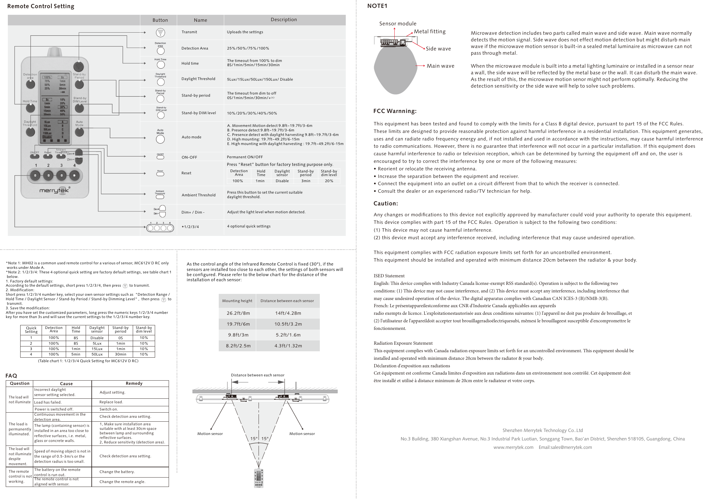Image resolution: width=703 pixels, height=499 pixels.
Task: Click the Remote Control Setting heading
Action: [x=40, y=6]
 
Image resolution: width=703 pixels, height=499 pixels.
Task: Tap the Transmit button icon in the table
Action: [x=160, y=32]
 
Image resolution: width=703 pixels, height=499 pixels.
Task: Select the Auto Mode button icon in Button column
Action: [x=160, y=139]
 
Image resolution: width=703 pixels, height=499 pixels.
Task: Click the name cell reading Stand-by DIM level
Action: [x=199, y=113]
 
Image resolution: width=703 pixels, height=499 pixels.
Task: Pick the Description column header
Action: [x=284, y=20]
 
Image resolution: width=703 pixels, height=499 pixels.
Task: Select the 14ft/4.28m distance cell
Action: [x=288, y=313]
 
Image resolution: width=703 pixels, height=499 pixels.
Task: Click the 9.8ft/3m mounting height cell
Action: [x=238, y=335]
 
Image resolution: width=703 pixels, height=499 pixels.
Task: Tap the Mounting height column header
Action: [x=237, y=301]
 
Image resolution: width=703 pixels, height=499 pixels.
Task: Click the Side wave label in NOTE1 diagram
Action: [x=438, y=49]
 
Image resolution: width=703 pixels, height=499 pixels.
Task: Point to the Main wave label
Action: [x=440, y=66]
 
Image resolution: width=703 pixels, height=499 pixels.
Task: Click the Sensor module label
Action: [x=398, y=24]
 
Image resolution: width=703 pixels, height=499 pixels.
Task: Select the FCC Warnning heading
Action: [x=395, y=111]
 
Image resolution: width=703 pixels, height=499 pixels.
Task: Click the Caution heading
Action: [x=385, y=203]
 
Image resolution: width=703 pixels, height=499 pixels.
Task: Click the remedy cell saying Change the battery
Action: [x=117, y=472]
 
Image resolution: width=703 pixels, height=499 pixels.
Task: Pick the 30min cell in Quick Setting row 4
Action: [x=121, y=354]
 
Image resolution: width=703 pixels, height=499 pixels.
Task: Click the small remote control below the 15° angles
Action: [x=259, y=478]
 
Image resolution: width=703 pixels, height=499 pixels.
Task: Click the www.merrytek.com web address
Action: [x=513, y=447]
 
